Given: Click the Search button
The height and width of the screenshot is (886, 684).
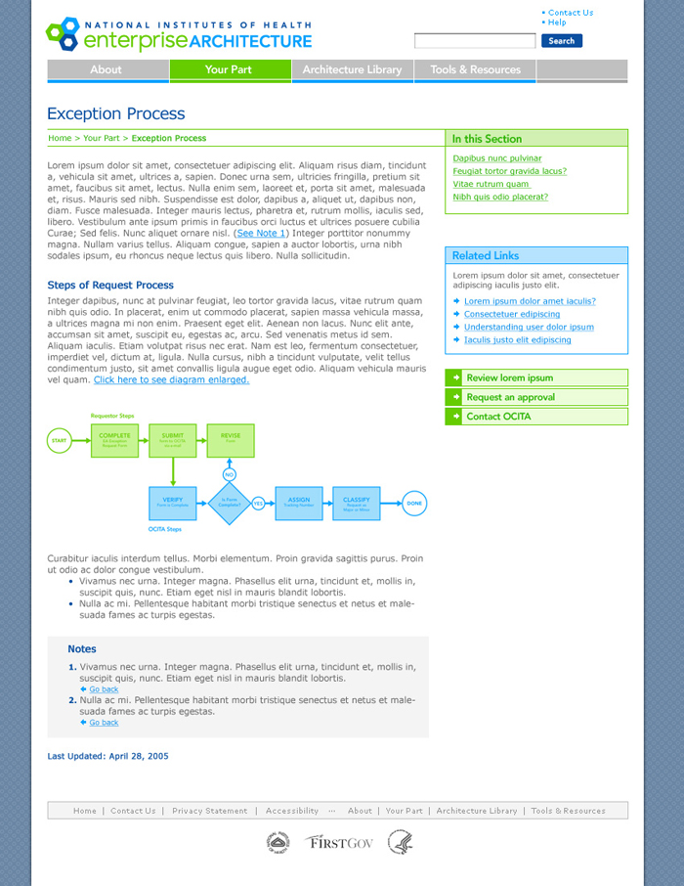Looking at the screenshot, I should pos(561,41).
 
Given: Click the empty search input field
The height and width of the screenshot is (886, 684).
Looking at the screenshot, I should pos(475,41).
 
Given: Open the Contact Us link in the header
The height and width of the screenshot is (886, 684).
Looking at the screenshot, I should pos(571,13).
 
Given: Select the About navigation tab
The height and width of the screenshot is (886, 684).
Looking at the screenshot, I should pos(107,69).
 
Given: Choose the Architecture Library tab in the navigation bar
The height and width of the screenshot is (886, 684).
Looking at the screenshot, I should pos(352,69).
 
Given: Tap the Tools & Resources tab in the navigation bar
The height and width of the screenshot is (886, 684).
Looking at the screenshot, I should pos(475,69).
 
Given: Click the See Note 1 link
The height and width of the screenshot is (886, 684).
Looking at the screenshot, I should pos(263,234).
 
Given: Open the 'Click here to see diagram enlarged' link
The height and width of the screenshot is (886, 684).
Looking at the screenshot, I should pos(171,379).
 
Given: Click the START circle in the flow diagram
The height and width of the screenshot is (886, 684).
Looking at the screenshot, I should pos(60,441).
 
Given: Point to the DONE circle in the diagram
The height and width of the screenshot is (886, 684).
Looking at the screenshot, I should pos(414,503).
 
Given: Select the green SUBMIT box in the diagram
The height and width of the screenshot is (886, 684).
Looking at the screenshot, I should pos(172,440).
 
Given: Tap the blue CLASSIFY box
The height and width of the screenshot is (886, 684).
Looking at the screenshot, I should pos(356,503).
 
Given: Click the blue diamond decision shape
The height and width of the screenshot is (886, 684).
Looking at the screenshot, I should pos(230,503).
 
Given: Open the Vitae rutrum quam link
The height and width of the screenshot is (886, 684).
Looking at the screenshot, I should pos(491,184).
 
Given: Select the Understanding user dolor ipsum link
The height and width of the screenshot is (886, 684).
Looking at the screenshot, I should pos(529,327).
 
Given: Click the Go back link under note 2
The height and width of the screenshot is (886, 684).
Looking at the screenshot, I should pos(104,723).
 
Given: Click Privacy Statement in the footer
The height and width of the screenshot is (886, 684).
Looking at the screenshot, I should pos(210,811).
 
